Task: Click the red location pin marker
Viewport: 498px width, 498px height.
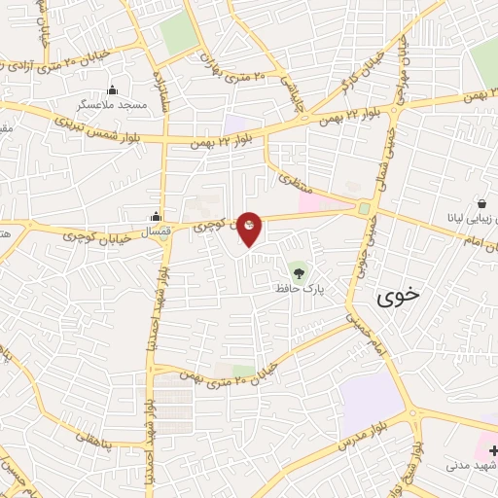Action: click(250, 229)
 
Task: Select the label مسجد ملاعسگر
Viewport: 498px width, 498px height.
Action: click(114, 103)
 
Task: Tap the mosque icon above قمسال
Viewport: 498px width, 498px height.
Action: click(156, 218)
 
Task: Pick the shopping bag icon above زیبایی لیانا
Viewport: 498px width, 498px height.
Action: click(481, 204)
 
